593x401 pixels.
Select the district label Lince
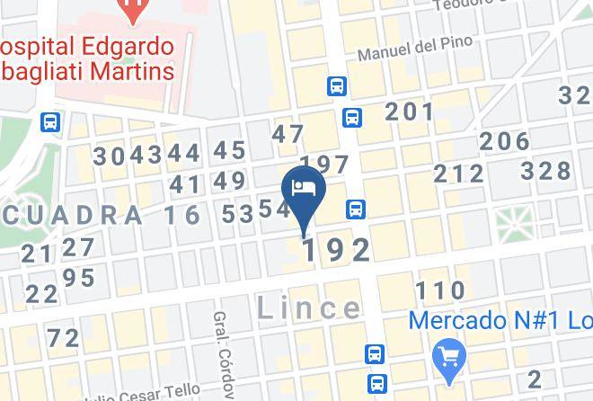(308, 308)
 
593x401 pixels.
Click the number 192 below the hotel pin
(336, 251)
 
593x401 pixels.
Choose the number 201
(410, 112)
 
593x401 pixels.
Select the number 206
(504, 141)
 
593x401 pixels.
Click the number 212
(458, 174)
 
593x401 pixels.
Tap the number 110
(440, 290)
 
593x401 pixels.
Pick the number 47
(289, 135)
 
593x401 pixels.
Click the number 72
(64, 338)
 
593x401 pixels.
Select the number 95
(79, 278)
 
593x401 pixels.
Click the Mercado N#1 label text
(500, 320)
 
